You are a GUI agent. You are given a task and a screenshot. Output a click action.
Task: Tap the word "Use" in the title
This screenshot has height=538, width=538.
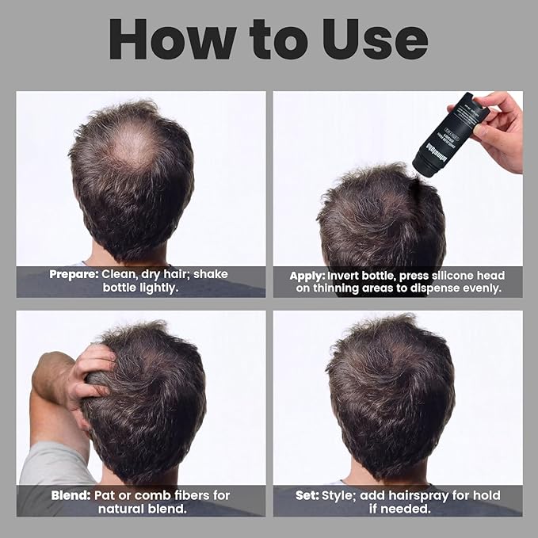pos(375,40)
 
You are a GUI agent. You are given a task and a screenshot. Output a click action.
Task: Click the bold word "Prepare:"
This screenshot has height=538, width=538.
pos(74,274)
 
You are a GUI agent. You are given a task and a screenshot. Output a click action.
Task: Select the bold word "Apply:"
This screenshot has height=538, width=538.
pos(307,277)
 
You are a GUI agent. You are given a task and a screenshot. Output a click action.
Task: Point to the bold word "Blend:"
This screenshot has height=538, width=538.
pos(71,495)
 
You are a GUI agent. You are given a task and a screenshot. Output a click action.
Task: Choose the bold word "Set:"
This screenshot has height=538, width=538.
pos(307,495)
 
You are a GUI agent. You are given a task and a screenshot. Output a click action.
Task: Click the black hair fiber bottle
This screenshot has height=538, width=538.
pos(444,135)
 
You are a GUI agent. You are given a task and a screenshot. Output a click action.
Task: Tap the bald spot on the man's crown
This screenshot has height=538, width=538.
pos(134,146)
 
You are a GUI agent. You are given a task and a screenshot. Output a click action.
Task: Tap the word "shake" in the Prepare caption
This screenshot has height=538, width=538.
pos(211,274)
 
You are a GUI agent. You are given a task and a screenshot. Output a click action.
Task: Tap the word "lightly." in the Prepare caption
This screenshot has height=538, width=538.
pos(158,288)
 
